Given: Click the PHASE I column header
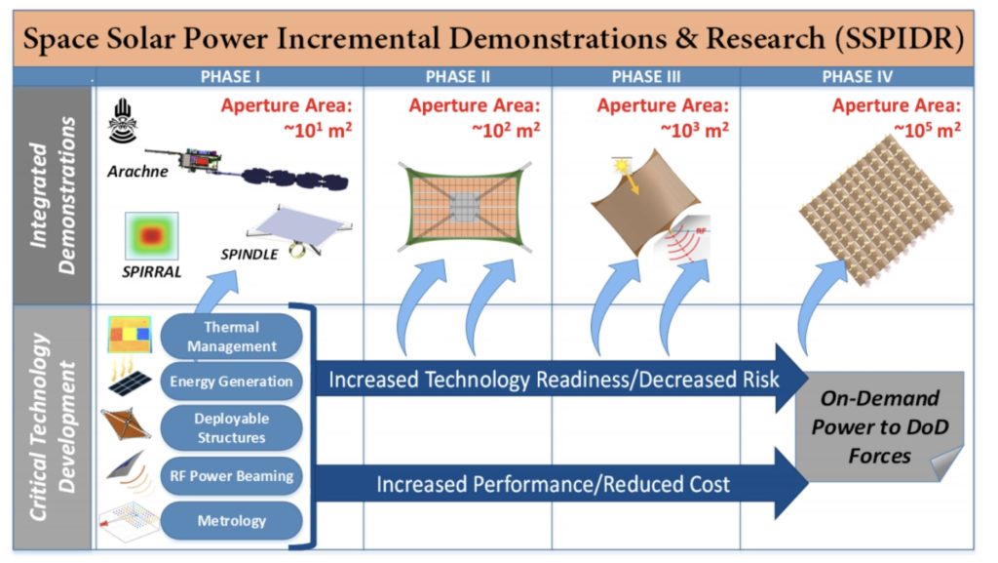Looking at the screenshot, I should [x=230, y=77].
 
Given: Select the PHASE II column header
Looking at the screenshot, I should [x=458, y=77].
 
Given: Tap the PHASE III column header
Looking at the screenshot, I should [x=645, y=77].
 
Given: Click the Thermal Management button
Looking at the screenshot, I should [x=233, y=337].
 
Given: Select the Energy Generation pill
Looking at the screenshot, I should [x=233, y=382].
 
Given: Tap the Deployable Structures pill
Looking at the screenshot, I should [x=233, y=427].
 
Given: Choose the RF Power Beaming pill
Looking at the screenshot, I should [x=233, y=477].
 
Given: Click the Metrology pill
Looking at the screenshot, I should [x=233, y=520].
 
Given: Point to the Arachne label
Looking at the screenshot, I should [x=134, y=172].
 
